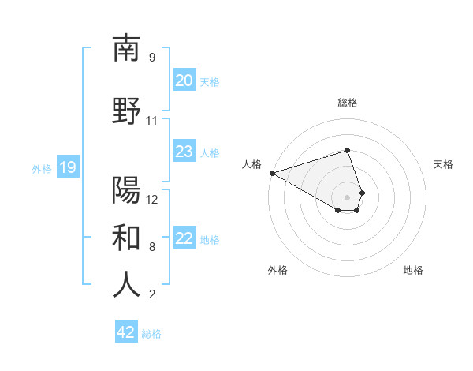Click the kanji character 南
[126, 48]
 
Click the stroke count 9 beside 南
[151, 58]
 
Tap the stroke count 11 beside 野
[151, 121]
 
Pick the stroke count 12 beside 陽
[152, 199]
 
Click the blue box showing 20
[184, 81]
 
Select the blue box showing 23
[184, 152]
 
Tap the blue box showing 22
[184, 238]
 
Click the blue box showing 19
[68, 167]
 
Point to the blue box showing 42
[126, 332]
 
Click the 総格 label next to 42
[151, 334]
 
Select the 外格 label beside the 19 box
[42, 168]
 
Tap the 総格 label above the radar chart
[348, 103]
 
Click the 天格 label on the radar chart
[444, 164]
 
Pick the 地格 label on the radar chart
[413, 270]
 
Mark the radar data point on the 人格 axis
[272, 173]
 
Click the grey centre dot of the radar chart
[347, 197]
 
